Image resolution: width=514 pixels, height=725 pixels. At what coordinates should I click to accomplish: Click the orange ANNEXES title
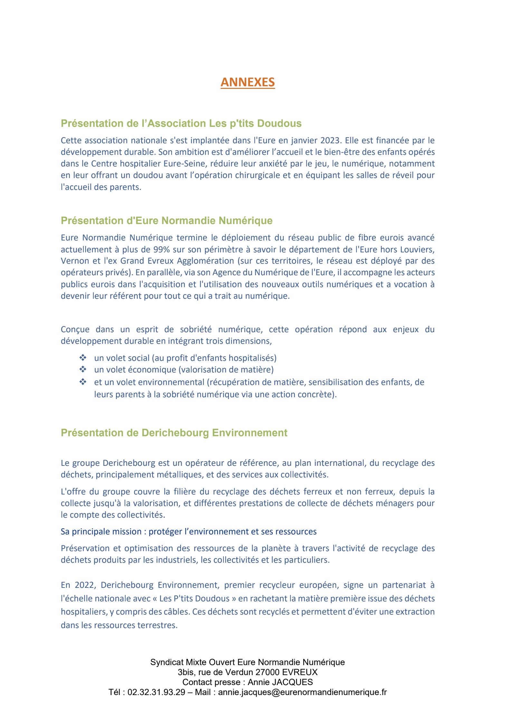click(247, 82)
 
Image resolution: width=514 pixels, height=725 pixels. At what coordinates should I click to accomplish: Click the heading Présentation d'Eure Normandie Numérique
click(167, 221)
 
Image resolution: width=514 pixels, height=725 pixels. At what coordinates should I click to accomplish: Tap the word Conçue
click(75, 330)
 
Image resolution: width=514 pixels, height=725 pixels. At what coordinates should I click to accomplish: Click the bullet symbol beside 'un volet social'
click(83, 358)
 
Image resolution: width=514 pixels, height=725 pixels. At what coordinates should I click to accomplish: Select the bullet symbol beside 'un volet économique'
click(83, 369)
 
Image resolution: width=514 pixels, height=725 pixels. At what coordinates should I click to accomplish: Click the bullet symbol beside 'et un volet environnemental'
click(83, 382)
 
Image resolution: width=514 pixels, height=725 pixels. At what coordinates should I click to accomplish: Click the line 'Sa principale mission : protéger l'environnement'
click(188, 532)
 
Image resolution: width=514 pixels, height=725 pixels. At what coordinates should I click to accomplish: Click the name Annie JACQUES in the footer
click(280, 682)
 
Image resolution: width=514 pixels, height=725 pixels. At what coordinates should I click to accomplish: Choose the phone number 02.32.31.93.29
click(156, 692)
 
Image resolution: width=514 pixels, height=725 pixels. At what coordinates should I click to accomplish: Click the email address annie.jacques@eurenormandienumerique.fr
click(302, 692)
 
